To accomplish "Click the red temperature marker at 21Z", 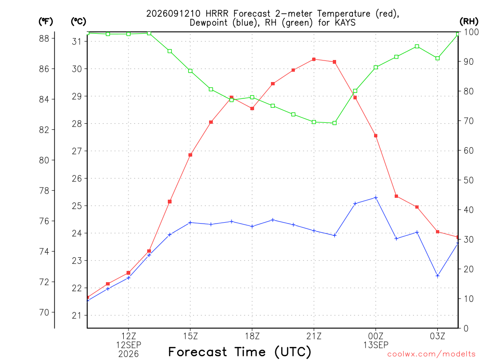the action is click(x=314, y=60).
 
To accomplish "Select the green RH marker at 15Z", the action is click(x=190, y=71).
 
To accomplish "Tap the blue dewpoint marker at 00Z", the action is click(x=376, y=198).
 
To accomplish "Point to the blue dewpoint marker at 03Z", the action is click(x=438, y=276).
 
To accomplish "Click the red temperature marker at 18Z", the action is click(x=252, y=109).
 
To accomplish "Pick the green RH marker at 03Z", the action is click(x=438, y=58).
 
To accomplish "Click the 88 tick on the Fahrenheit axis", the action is click(x=44, y=38).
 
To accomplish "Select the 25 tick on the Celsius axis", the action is click(x=77, y=206).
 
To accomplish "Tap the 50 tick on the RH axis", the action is click(x=468, y=180).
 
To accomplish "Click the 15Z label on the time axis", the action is click(x=190, y=336).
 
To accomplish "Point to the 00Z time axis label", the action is click(x=375, y=336).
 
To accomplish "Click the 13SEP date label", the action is click(x=375, y=345).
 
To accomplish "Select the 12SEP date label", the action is click(x=128, y=345).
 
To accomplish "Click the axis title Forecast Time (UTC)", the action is click(x=240, y=352).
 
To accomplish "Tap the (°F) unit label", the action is click(x=45, y=22).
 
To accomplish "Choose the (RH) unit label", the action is click(x=469, y=21).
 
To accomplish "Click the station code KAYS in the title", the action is click(x=345, y=22).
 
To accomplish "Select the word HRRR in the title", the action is click(x=217, y=14).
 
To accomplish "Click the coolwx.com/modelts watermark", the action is click(x=431, y=354).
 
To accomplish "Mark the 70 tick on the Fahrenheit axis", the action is click(x=44, y=313).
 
